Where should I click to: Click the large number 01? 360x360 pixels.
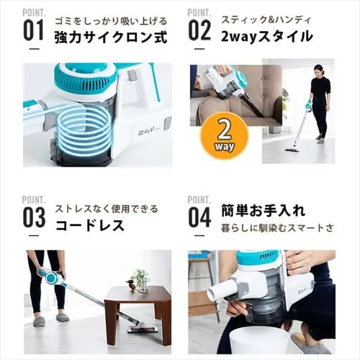point(34,30)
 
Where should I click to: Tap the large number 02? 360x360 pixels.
point(199,30)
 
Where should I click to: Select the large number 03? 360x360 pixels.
point(34,217)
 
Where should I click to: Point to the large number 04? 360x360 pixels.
point(199,217)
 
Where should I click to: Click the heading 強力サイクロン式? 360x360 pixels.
point(111,37)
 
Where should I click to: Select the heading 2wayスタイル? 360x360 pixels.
point(267,37)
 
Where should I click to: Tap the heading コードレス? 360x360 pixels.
point(90,225)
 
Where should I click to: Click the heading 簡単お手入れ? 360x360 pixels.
point(264,211)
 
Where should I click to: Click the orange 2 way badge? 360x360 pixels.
point(225,139)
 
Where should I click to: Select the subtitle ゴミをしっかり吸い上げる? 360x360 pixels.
point(111,21)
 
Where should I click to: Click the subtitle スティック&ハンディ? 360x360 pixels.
point(266,19)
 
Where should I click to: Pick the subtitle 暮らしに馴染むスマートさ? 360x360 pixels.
point(277,228)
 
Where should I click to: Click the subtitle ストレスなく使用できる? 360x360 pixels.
point(107,209)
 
